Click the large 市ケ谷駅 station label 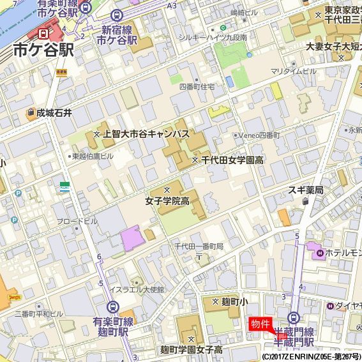coord(43,50)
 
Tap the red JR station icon coord(43,33)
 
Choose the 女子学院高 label coord(167,201)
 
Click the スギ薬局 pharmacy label coord(305,190)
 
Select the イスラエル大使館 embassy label coord(137,289)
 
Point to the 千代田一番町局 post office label coord(199,246)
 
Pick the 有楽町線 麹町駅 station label coord(112,326)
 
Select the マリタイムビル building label coord(293,71)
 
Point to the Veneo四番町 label coord(259,135)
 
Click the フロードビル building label coord(77,221)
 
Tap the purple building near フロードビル coord(132,238)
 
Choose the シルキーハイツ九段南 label coord(213,38)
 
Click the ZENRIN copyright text coord(311,356)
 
